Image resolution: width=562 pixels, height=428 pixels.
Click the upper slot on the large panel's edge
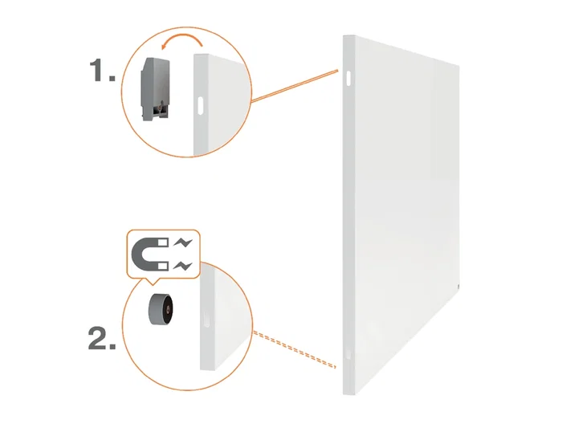click(349, 77)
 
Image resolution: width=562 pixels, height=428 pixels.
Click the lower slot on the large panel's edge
click(348, 354)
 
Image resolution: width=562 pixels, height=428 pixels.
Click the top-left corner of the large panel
click(344, 36)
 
